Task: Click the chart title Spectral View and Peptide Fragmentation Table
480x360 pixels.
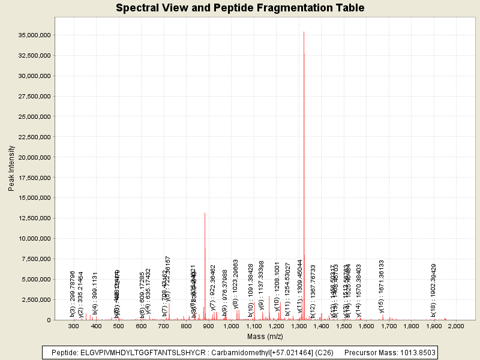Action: (240, 8)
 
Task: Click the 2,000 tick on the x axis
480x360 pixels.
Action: (456, 326)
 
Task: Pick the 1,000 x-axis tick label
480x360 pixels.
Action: (231, 326)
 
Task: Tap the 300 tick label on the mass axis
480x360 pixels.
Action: (74, 326)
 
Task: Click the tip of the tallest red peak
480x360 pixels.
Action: (304, 32)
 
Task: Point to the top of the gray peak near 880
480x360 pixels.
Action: (205, 213)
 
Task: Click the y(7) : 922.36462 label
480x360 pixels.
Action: (213, 289)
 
